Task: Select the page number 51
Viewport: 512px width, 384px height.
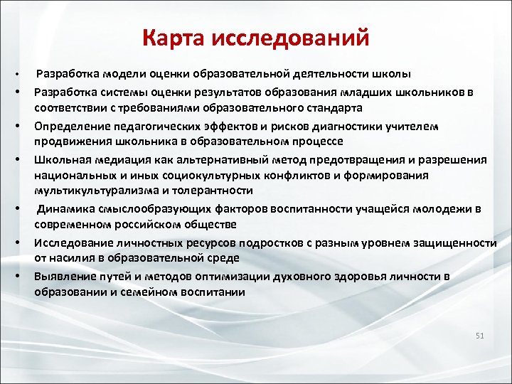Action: [479, 335]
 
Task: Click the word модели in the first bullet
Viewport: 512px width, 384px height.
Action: [120, 75]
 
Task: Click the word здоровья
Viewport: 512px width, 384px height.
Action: [359, 275]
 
